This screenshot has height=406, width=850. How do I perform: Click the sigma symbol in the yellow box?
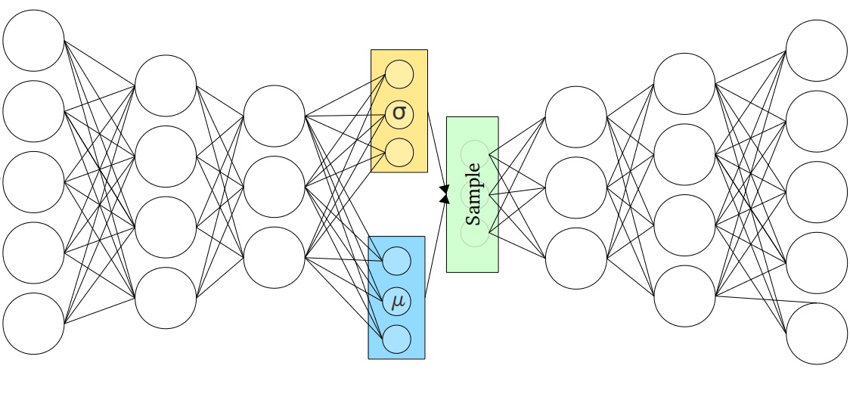399,113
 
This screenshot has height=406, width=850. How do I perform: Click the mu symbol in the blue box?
397,302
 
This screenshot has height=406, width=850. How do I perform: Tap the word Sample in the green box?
473,194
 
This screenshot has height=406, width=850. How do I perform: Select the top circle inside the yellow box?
399,75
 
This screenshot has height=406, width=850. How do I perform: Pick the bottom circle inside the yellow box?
399,152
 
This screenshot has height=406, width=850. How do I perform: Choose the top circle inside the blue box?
397,262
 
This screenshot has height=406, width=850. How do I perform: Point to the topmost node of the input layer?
33,41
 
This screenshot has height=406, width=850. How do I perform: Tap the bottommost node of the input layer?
33,324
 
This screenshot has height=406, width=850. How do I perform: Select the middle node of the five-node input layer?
33,182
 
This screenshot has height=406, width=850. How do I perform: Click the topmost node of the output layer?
817,51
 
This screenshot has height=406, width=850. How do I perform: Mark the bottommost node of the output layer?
817,333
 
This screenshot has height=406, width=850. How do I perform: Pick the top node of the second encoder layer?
166,86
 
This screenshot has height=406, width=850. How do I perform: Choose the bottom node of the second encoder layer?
166,298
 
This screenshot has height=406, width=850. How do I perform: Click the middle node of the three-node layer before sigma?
275,187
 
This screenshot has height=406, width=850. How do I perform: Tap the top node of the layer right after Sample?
575,117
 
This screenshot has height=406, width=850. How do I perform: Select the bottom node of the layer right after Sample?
575,259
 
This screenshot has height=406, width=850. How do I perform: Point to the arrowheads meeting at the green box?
444,196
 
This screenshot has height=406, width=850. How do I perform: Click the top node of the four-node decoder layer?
684,84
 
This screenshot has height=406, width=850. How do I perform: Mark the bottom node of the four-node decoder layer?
684,296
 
